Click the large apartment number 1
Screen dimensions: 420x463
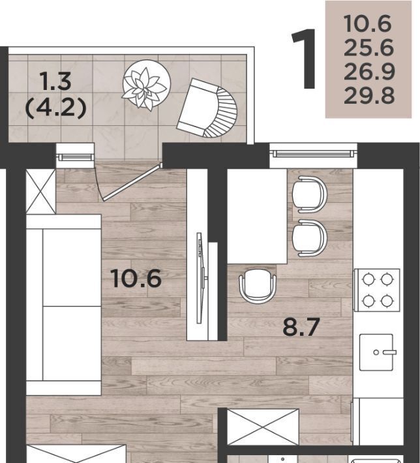pos(305,59)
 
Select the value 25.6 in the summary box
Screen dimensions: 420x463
pos(368,48)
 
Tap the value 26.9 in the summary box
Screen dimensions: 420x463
pos(369,72)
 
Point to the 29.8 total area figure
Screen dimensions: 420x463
pos(369,96)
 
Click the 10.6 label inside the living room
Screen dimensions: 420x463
pos(136,278)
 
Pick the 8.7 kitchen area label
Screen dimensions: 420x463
pos(301,327)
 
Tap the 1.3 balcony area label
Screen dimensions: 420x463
pos(57,82)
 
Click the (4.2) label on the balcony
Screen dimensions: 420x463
pos(56,108)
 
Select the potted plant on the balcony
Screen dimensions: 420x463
pos(146,85)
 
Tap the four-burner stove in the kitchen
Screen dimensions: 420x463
pos(377,290)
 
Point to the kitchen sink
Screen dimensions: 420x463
pos(376,352)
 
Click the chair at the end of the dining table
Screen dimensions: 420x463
pos(258,285)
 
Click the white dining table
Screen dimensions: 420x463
pos(257,216)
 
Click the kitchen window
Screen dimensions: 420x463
pos(313,153)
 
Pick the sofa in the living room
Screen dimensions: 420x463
pos(64,305)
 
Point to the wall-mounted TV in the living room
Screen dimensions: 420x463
pos(201,278)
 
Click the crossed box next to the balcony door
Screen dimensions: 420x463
pos(40,191)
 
